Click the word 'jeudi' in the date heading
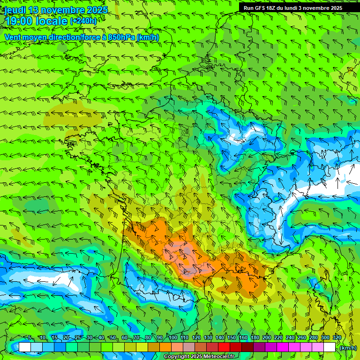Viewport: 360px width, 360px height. [x=15, y=10]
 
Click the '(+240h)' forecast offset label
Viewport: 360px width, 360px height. [x=83, y=21]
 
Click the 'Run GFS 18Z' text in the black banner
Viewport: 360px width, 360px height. [x=261, y=8]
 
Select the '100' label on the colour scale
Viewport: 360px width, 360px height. [x=172, y=337]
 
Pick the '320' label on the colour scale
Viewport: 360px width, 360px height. [x=337, y=337]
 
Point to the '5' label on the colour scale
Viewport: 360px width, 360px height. [x=30, y=337]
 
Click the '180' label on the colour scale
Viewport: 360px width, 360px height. [x=255, y=337]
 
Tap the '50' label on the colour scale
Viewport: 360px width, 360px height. [x=112, y=337]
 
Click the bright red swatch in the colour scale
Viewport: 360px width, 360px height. [x=224, y=347]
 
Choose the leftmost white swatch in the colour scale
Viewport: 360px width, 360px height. [x=25, y=347]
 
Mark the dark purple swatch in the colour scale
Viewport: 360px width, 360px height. [x=259, y=347]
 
